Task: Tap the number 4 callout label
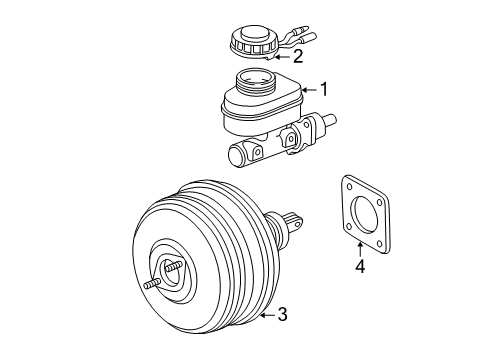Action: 360,266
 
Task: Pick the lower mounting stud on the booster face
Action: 154,284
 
